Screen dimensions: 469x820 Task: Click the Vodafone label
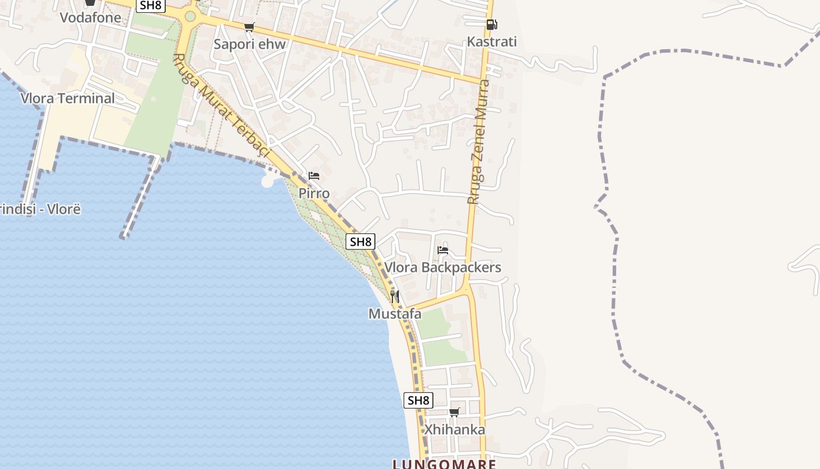(91, 18)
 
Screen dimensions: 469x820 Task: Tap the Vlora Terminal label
(68, 98)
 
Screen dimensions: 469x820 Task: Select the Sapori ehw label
(250, 44)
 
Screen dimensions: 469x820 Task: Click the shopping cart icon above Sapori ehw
(250, 27)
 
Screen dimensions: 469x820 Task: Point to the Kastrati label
(492, 42)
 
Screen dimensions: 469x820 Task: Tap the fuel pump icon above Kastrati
(491, 25)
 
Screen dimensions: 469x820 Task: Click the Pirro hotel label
(314, 193)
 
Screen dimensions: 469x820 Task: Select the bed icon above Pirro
(314, 176)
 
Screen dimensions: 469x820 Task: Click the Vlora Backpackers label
(443, 267)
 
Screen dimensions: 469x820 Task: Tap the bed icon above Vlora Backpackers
(443, 250)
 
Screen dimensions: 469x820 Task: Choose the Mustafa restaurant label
(395, 314)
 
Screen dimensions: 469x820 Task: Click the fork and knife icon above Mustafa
(395, 296)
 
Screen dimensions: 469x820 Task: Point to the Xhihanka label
(455, 430)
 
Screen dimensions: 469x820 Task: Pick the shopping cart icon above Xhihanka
(455, 412)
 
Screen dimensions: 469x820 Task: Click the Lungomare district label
(445, 464)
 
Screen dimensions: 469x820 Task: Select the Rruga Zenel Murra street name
(479, 141)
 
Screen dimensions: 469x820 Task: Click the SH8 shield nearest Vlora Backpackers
(360, 242)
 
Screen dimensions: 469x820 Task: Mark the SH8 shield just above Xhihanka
(418, 400)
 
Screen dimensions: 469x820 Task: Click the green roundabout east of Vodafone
(190, 16)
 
